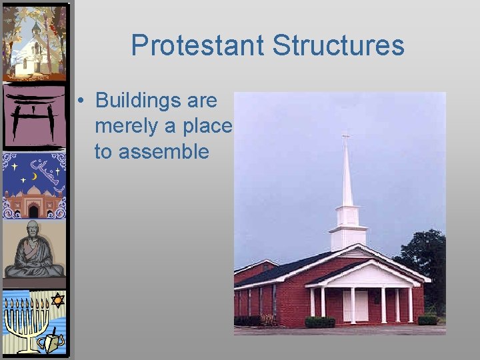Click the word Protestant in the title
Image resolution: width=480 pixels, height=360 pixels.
coord(197,45)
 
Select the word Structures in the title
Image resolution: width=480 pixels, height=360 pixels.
coord(339,45)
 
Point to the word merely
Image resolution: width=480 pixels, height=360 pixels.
coord(125,126)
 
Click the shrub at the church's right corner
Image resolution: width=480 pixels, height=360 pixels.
coord(427,319)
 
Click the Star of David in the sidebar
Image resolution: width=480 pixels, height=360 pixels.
coord(57,301)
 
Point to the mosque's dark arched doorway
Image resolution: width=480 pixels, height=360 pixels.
coord(33,211)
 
